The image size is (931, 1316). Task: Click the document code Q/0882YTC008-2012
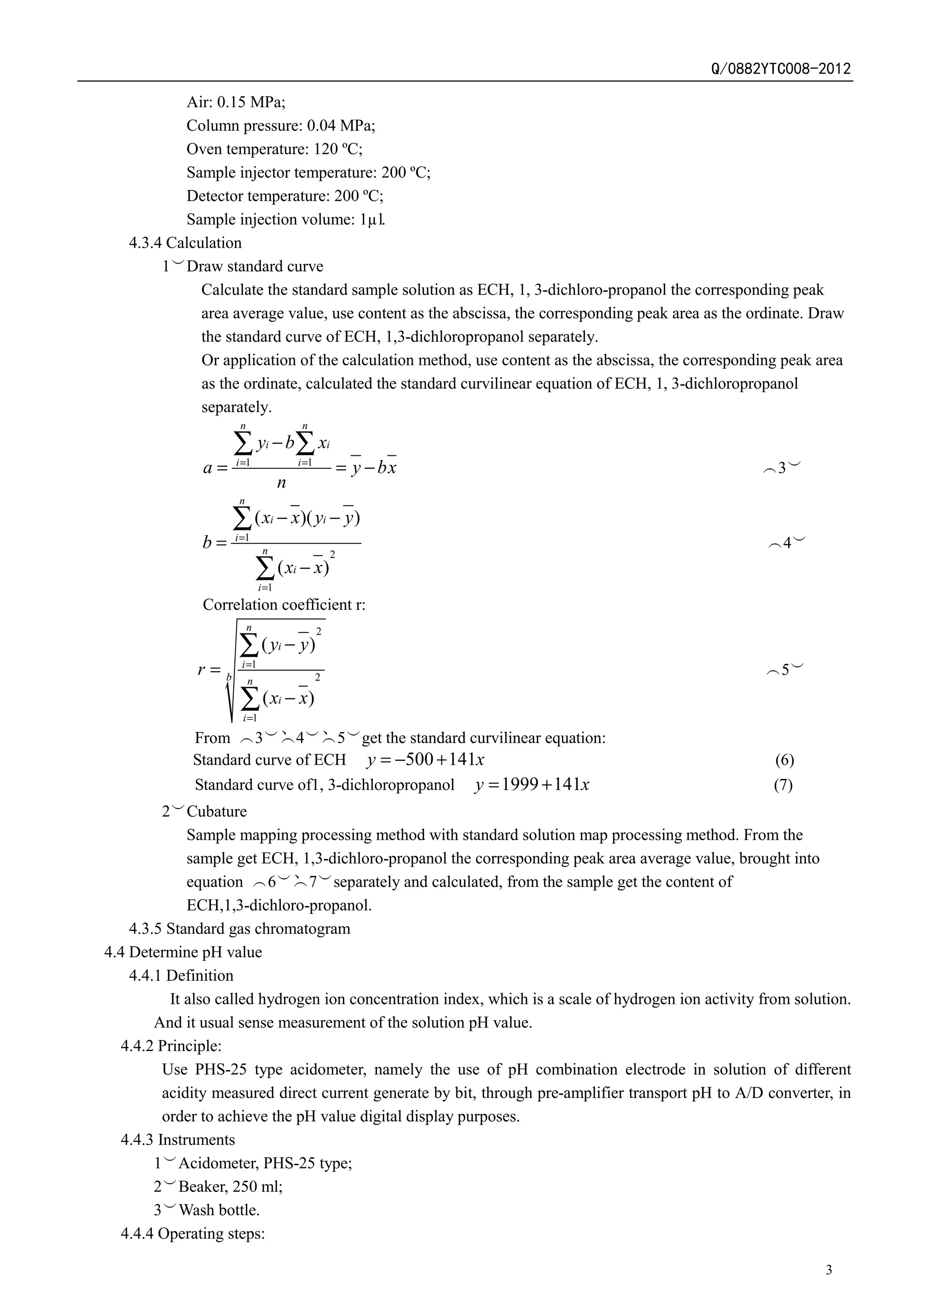781,69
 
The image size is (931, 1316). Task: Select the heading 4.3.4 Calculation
185,243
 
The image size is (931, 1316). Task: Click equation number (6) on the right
784,761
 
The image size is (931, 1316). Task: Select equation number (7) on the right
783,785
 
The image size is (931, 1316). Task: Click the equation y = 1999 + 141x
532,784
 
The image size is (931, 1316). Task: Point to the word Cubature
217,811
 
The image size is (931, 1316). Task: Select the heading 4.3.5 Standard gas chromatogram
240,928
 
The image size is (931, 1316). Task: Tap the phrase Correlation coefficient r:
284,605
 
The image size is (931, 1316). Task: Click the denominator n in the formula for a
281,483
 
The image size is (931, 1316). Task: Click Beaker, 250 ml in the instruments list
230,1186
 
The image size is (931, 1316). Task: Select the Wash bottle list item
219,1210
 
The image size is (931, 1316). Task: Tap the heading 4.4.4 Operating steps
193,1233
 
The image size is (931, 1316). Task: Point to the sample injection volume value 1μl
373,219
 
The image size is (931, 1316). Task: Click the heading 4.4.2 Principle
171,1046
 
